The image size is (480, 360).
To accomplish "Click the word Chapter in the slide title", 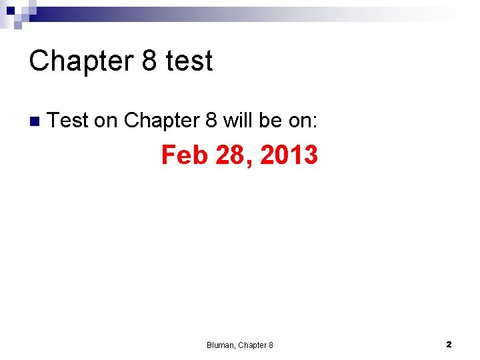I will [x=81, y=61].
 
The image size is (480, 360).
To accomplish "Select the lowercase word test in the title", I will [x=189, y=61].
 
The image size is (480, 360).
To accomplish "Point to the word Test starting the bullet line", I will [x=69, y=121].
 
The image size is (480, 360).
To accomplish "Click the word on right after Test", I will [x=105, y=121].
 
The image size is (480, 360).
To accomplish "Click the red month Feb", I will [x=184, y=155].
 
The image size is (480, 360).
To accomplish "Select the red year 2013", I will [x=289, y=155].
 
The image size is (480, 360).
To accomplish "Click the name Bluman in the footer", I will [x=220, y=345].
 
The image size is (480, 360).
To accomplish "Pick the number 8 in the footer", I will [x=271, y=345].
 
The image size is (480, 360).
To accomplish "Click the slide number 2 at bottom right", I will [x=449, y=345].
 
